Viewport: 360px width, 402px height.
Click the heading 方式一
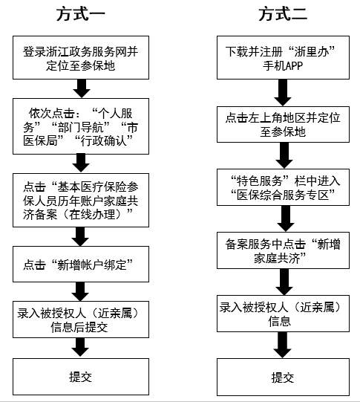pyautogui.click(x=81, y=14)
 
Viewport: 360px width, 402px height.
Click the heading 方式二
pyautogui.click(x=283, y=14)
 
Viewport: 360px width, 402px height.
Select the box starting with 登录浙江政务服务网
pyautogui.click(x=81, y=57)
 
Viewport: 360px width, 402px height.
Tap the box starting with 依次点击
pyautogui.click(x=81, y=126)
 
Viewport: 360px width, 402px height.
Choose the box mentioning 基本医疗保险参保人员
pyautogui.click(x=81, y=200)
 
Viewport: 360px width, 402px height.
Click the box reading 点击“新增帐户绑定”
pyautogui.click(x=81, y=264)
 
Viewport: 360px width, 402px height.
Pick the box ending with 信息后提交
pyautogui.click(x=81, y=320)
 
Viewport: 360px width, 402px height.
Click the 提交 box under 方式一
pyautogui.click(x=81, y=377)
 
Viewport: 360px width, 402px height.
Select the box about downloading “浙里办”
pyautogui.click(x=283, y=57)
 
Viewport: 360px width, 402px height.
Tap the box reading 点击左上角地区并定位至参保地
pyautogui.click(x=283, y=124)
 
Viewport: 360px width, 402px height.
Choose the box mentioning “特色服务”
pyautogui.click(x=283, y=187)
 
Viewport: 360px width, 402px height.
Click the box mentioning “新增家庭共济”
pyautogui.click(x=283, y=250)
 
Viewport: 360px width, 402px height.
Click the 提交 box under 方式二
pyautogui.click(x=283, y=377)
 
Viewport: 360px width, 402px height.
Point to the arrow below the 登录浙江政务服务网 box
pyautogui.click(x=82, y=88)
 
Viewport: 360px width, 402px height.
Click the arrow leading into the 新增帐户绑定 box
pyautogui.click(x=80, y=236)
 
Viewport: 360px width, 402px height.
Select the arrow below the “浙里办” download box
pyautogui.click(x=283, y=93)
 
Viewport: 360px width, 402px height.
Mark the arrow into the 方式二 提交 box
pyautogui.click(x=282, y=345)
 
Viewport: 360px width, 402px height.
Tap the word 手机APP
pyautogui.click(x=283, y=66)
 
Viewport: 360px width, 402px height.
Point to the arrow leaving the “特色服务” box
pyautogui.click(x=286, y=218)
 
